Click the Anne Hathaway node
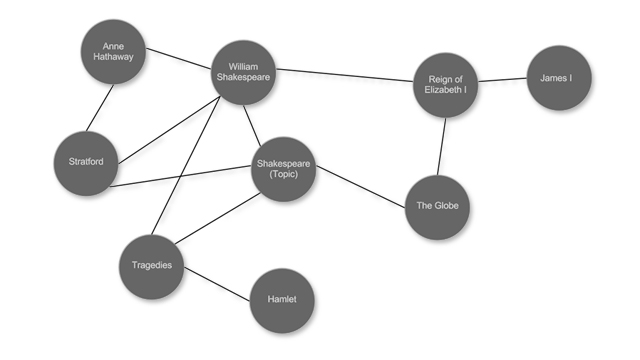(x=113, y=51)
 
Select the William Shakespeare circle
(x=243, y=72)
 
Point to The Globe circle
(x=437, y=207)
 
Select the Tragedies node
(x=152, y=265)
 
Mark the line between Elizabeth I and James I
(x=502, y=80)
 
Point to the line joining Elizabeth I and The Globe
(x=441, y=146)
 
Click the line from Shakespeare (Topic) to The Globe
(x=361, y=188)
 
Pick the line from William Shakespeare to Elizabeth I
(x=345, y=75)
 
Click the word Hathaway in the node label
(x=113, y=58)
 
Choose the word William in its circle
(x=243, y=66)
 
